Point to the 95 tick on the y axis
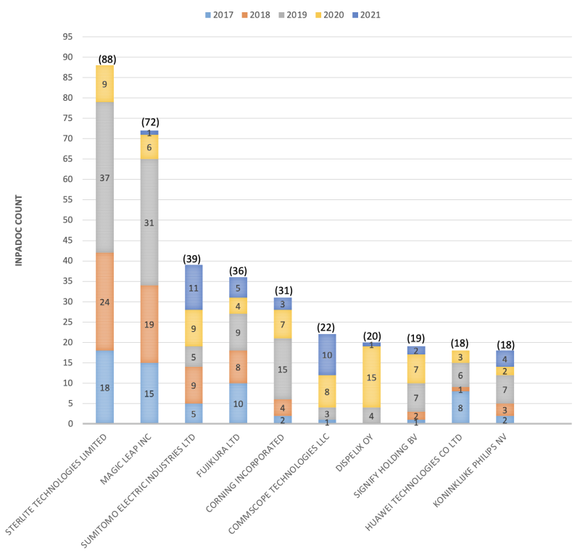pyautogui.click(x=67, y=36)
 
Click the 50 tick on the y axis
pyautogui.click(x=67, y=220)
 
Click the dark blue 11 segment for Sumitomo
pyautogui.click(x=194, y=287)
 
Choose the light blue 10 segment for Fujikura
pyautogui.click(x=238, y=403)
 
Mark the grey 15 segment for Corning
pyautogui.click(x=282, y=369)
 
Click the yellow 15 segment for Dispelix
pyautogui.click(x=370, y=378)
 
